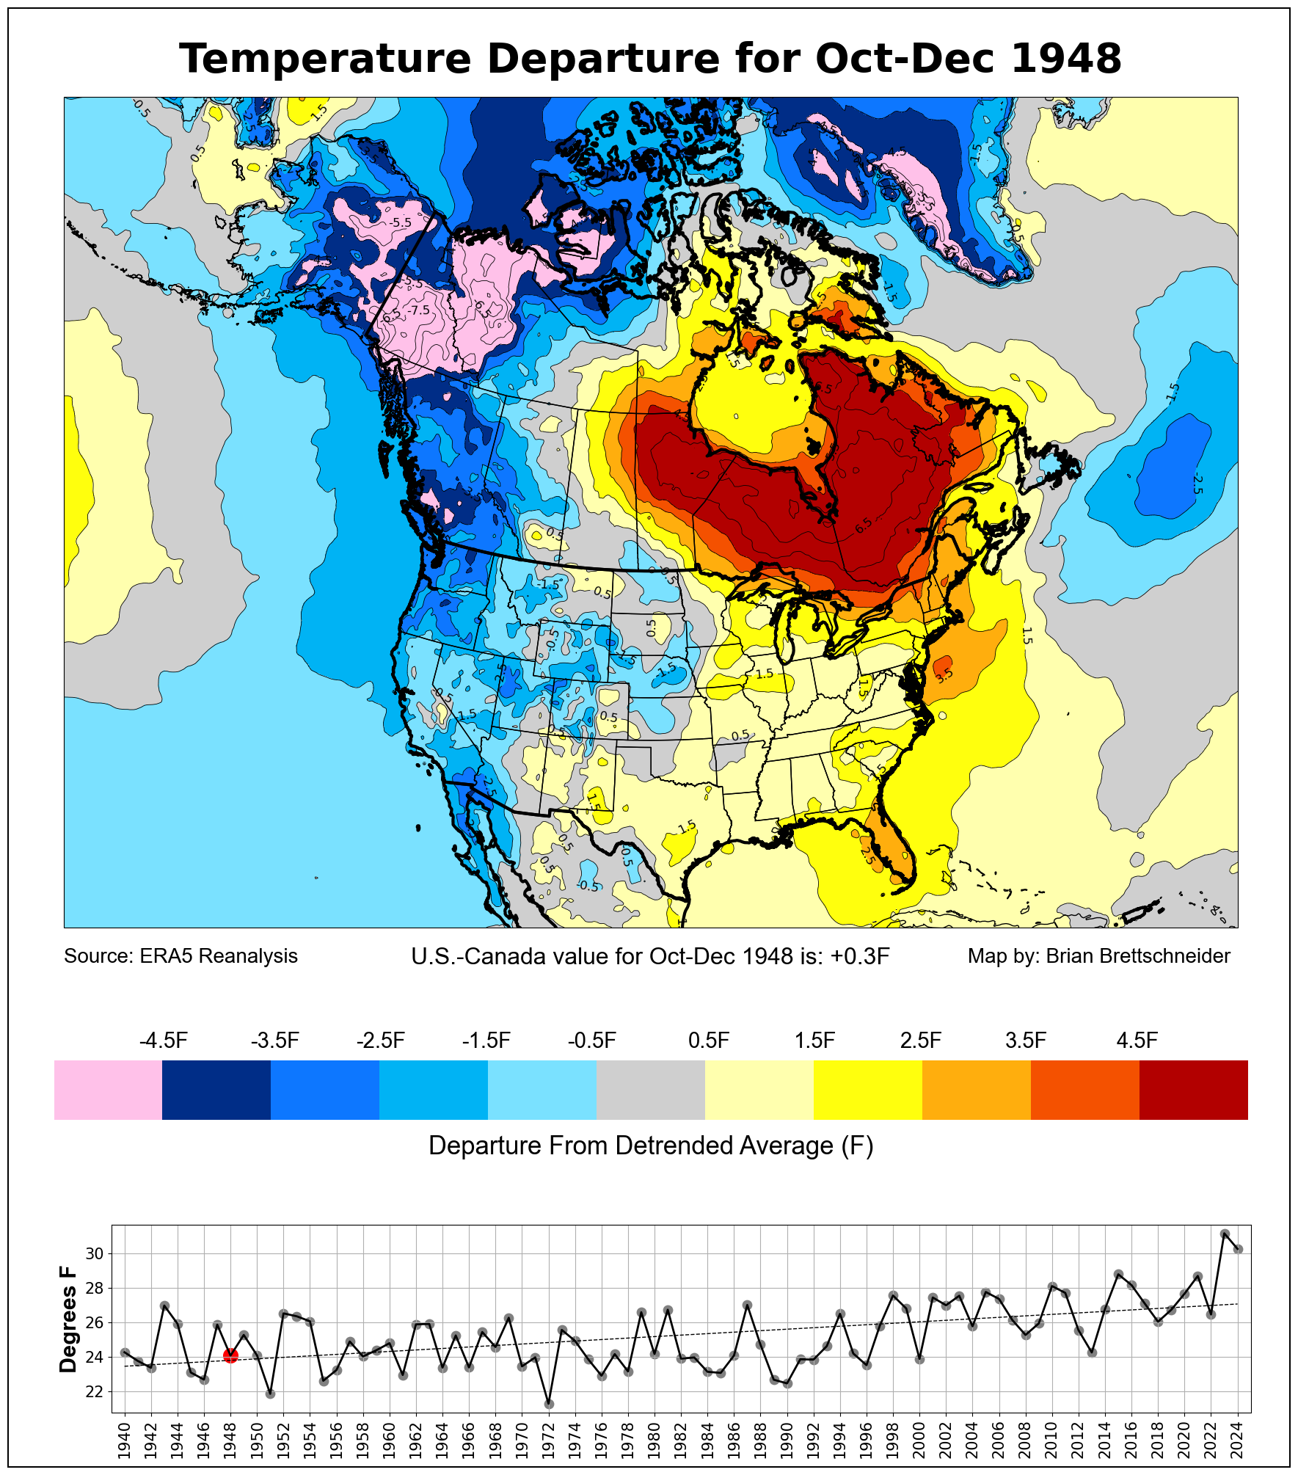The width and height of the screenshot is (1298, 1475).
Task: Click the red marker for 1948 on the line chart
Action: coord(230,1355)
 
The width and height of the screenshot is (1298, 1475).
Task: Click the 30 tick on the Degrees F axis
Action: coord(95,1253)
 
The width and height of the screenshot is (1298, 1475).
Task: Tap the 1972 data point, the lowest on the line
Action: coord(549,1404)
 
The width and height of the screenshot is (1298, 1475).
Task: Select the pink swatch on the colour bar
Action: coord(108,1090)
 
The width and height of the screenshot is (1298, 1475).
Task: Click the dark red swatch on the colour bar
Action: coord(1193,1090)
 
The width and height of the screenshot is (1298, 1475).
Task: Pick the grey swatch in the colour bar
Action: coord(650,1090)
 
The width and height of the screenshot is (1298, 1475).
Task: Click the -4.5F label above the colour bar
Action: coord(164,1041)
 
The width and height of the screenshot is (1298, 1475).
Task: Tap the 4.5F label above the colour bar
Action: coord(1137,1041)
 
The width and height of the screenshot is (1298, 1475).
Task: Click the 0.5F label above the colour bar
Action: coord(709,1041)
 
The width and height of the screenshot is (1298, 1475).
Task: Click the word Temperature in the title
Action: coord(324,59)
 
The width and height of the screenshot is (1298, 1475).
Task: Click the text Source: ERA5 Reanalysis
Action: coord(181,956)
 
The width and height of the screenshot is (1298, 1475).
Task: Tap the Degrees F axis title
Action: coord(68,1319)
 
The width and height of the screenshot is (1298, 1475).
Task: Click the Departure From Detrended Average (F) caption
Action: coord(651,1146)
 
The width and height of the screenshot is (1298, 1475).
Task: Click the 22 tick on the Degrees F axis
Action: coord(95,1391)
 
